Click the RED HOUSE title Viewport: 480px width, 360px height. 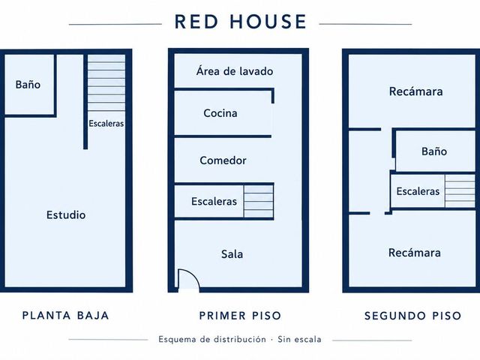tap(240, 22)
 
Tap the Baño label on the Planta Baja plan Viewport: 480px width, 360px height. tap(28, 85)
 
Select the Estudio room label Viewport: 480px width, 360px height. tap(66, 215)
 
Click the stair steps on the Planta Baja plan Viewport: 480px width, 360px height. tap(106, 82)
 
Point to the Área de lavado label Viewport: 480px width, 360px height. tap(235, 71)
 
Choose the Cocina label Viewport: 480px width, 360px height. tap(220, 113)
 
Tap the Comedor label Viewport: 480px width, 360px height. tap(223, 160)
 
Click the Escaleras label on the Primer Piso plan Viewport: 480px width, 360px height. tap(214, 202)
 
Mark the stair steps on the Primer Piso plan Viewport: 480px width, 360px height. tap(258, 201)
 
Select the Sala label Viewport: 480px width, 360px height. tap(232, 254)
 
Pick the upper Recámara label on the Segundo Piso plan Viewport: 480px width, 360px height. tap(415, 91)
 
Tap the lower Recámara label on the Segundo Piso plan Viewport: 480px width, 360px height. tap(415, 253)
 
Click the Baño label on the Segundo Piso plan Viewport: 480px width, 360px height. tap(434, 151)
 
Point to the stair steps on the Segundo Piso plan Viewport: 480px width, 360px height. tap(460, 191)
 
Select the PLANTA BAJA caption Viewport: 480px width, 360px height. tap(65, 315)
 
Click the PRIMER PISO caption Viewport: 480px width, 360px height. tap(240, 316)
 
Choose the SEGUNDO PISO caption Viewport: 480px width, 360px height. tap(412, 316)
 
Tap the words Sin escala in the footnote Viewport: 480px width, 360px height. tap(299, 339)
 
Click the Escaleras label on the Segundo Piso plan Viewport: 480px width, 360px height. tap(418, 191)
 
